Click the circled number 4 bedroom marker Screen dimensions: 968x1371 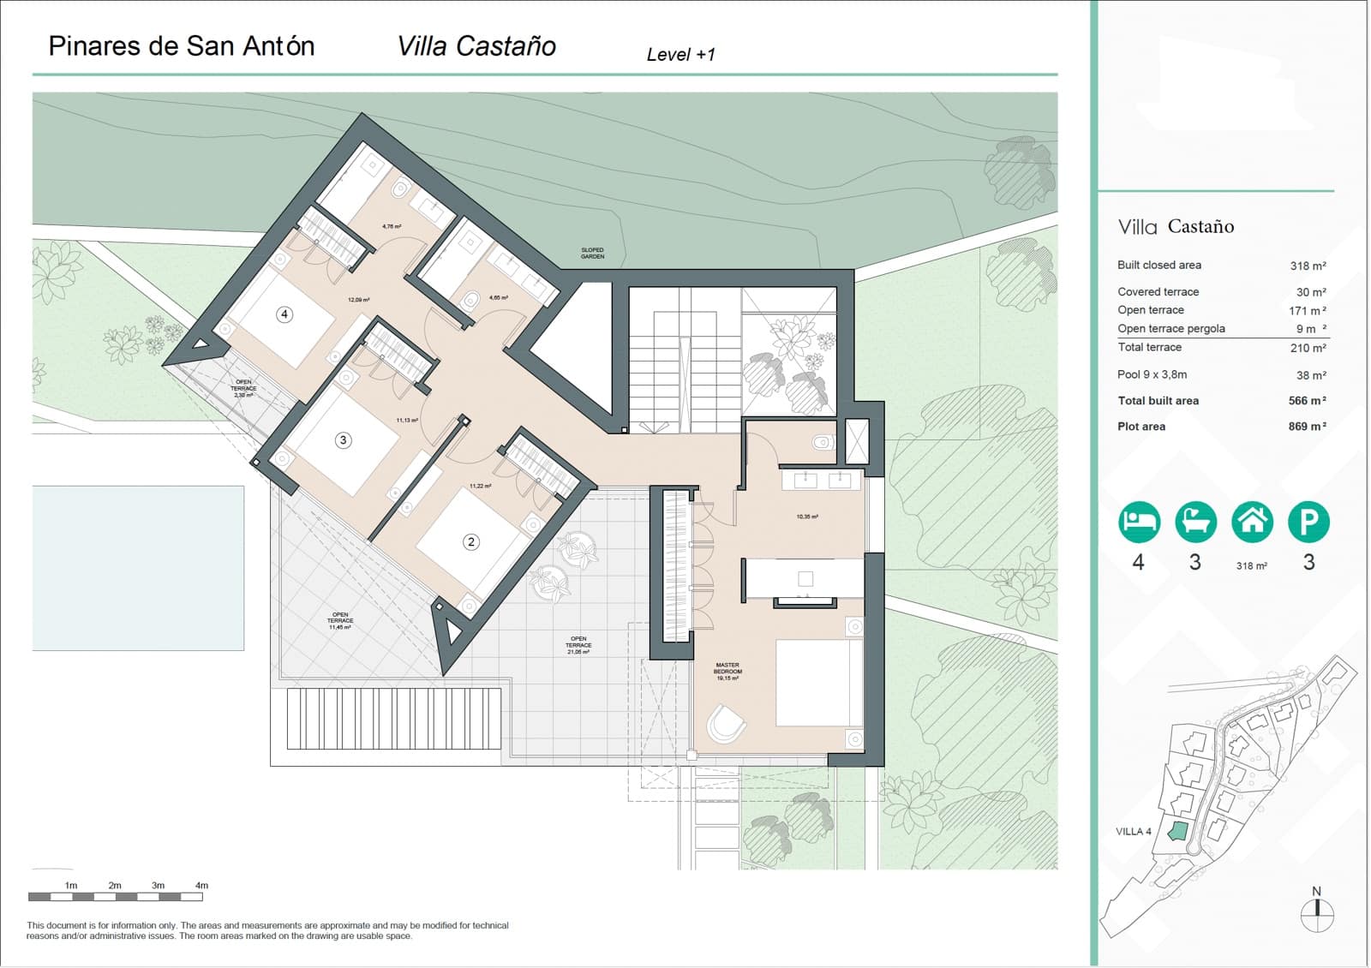[x=284, y=314]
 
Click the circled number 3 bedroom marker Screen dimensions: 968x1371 [x=343, y=440]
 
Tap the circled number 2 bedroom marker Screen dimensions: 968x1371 [x=470, y=541]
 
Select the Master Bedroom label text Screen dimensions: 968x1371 [x=727, y=671]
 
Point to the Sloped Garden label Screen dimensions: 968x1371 [x=592, y=254]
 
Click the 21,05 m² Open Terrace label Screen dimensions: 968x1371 [x=578, y=645]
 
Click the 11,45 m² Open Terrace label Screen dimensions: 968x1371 [x=340, y=620]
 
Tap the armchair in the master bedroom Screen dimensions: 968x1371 [x=727, y=723]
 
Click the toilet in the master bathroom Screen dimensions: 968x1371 [x=821, y=443]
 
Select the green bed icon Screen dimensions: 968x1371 [x=1139, y=522]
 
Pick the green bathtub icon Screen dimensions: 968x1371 [x=1195, y=522]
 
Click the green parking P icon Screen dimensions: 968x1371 [x=1308, y=522]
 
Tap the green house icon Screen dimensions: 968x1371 [x=1252, y=522]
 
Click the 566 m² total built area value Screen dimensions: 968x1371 [x=1307, y=401]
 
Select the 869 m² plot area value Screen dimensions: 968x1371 [x=1307, y=427]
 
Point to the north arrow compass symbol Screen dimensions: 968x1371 [x=1317, y=914]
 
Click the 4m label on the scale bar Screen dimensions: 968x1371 [x=201, y=886]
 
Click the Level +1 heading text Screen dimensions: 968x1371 [x=680, y=55]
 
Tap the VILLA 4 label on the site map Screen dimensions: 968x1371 [x=1133, y=832]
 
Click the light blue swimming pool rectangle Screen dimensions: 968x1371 [x=138, y=568]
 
